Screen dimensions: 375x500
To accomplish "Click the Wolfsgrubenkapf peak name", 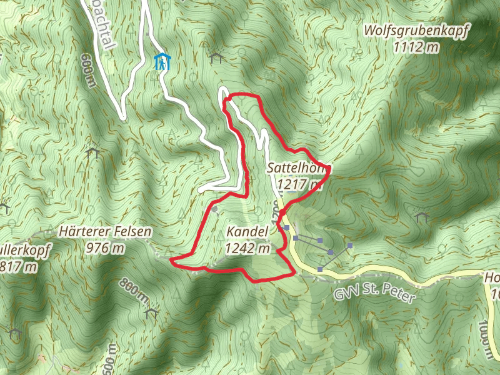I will [416, 30].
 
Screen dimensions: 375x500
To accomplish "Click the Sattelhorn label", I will [298, 169].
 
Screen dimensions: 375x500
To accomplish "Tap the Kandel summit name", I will [247, 232].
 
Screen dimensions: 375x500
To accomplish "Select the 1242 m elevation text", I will [247, 248].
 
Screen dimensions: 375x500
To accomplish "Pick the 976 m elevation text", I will [104, 248].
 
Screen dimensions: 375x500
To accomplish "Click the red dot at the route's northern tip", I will [229, 98].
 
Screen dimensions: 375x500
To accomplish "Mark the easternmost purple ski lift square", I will [351, 246].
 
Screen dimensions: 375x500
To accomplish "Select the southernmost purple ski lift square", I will [320, 269].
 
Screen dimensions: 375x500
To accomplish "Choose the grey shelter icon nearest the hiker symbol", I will [217, 58].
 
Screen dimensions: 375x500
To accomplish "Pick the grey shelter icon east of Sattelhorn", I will [421, 217].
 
